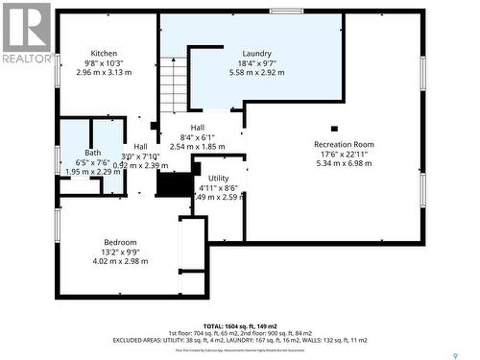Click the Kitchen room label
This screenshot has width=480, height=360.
104,53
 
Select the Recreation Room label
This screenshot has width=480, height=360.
343,144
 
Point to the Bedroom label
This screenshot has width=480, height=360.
120,242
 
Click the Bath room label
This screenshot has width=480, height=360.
92,153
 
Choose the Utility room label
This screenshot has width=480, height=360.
219,178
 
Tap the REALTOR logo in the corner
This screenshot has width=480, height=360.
27,32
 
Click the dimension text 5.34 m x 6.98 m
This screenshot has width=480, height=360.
343,163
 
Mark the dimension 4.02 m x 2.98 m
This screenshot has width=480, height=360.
120,261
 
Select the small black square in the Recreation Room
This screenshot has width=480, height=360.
334,128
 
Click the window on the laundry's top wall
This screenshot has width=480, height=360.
285,12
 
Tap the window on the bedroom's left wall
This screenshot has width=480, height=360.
57,226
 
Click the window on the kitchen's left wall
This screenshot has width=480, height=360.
57,58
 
